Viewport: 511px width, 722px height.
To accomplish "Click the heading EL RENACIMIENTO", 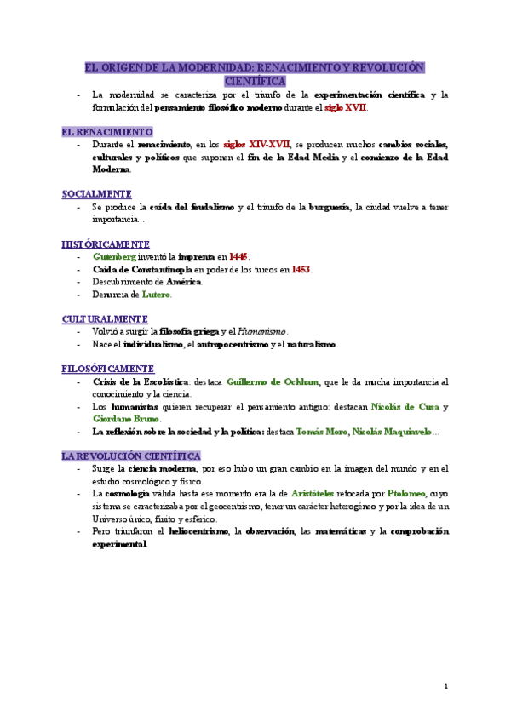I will point(107,132).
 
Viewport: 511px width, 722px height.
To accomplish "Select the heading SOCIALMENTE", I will point(96,194).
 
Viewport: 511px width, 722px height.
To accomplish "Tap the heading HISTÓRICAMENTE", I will point(106,244).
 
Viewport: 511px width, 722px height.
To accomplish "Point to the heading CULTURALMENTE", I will point(105,318).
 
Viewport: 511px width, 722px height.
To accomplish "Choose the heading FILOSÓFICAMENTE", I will point(107,369).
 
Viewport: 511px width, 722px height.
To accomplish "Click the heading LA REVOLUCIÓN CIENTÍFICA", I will point(130,456).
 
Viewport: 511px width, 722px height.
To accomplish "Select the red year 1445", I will point(239,256).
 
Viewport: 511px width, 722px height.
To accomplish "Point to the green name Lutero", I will point(157,295).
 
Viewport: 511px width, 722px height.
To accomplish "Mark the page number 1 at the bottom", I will point(446,686).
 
